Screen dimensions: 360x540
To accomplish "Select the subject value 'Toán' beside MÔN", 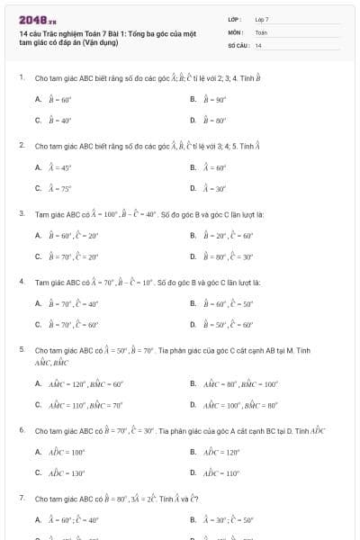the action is point(261,31).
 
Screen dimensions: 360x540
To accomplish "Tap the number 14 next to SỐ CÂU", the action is point(258,44).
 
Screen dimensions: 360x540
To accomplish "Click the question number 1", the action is point(21,77).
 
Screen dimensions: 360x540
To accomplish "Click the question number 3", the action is point(21,214).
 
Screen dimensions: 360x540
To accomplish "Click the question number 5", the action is point(21,348).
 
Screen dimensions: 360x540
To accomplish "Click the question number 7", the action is point(21,498).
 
